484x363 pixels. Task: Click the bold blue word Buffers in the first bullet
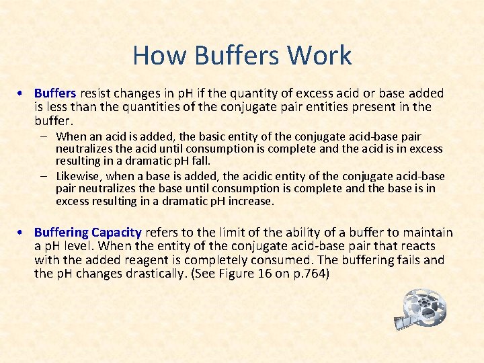[x=55, y=93]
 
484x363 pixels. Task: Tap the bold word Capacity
[x=117, y=233]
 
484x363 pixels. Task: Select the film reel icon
[x=423, y=310]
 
